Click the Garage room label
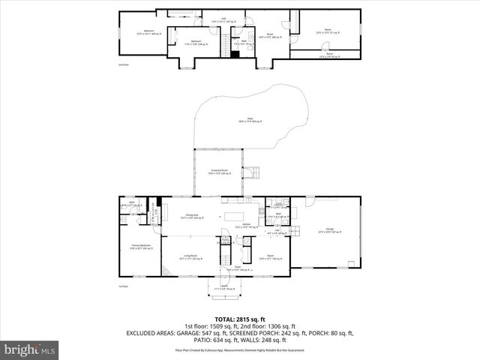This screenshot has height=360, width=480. [330, 229]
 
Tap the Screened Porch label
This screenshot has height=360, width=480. [219, 172]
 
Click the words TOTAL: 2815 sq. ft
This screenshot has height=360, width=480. [239, 318]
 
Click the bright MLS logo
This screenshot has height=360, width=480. [30, 349]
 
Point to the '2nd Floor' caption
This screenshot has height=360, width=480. [124, 65]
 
